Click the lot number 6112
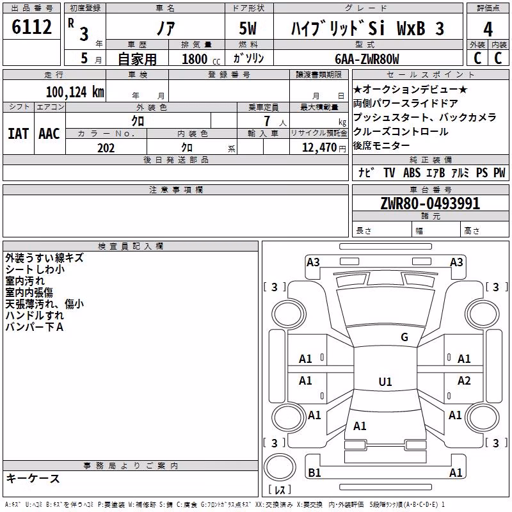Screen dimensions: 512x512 (x=31, y=27)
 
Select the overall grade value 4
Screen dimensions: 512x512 (x=488, y=29)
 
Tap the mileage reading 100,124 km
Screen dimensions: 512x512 (x=75, y=92)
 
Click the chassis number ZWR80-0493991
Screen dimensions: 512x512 (x=430, y=204)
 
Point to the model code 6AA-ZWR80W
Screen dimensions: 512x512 (x=367, y=59)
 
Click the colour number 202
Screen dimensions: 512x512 (x=106, y=148)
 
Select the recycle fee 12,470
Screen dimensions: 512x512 (x=319, y=148)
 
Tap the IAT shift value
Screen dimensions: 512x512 (x=19, y=134)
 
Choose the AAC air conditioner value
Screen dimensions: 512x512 (x=49, y=134)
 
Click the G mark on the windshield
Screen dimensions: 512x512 (x=404, y=337)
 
